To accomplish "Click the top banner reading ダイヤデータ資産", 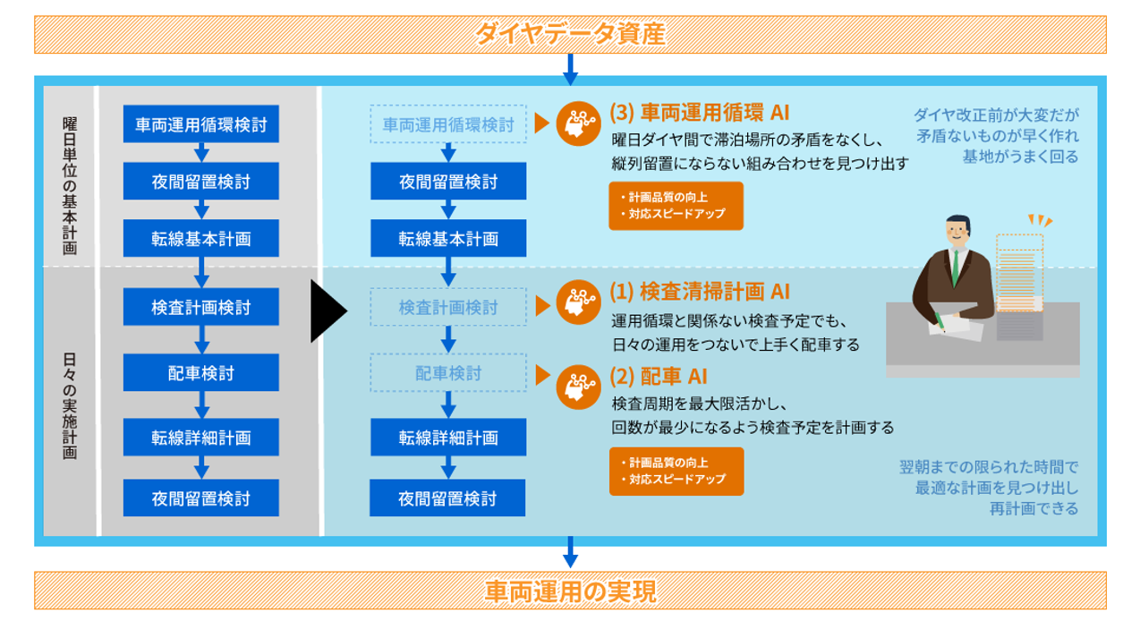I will point(570,35).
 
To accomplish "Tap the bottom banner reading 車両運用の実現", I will point(570,591).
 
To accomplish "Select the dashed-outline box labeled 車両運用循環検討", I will point(448,124).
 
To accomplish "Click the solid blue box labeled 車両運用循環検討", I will point(201,124).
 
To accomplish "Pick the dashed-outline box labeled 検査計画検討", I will point(448,307).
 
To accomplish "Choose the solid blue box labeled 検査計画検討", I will point(201,307).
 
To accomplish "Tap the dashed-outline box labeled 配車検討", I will point(448,372).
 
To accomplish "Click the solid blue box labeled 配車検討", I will point(201,372).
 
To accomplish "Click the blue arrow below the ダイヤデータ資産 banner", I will point(570,68).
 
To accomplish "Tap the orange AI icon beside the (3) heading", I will point(578,124).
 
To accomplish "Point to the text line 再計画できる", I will point(1034,508).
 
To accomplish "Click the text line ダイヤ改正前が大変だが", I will point(996,115).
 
